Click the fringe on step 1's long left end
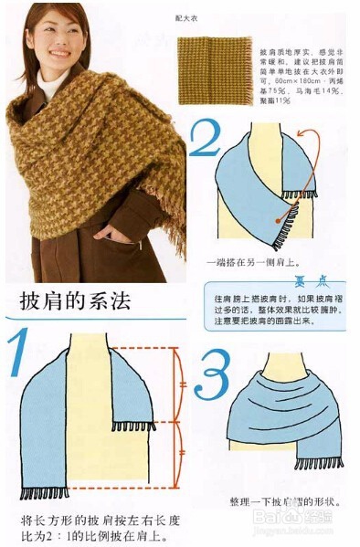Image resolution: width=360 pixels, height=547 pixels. [x=45, y=493]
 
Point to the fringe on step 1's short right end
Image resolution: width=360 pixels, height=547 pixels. [x=133, y=426]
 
